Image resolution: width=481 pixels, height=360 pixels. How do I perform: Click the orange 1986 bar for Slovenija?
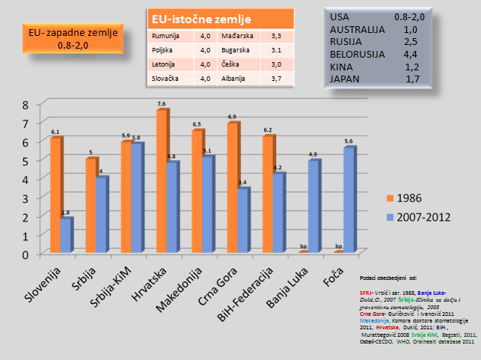coord(55,195)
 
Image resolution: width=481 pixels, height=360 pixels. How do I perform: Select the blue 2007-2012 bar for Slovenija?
coord(67,236)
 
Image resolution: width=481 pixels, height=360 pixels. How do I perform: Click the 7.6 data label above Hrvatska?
coord(162,103)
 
